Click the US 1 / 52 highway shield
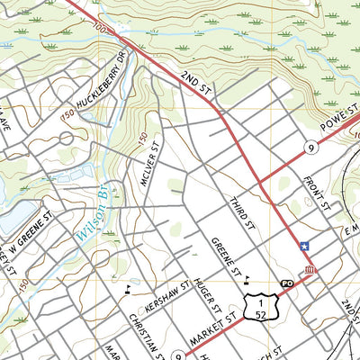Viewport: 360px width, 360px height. [257, 307]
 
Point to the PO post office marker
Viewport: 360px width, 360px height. [288, 283]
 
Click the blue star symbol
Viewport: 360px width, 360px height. [304, 246]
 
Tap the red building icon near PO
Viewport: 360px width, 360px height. [309, 271]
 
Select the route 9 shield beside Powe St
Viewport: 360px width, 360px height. [309, 147]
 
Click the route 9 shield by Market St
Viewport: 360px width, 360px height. [178, 355]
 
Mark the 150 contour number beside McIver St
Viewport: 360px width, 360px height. [142, 137]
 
